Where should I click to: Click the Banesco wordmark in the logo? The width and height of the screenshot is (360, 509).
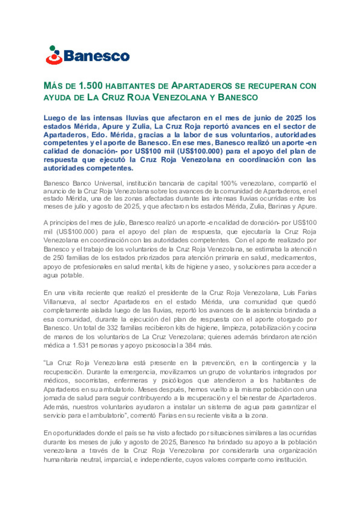pos(96,56)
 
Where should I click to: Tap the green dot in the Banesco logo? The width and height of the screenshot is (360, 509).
pos(52,48)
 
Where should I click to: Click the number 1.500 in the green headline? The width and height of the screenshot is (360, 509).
pos(90,86)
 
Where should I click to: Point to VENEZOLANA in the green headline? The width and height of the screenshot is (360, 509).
pos(180,97)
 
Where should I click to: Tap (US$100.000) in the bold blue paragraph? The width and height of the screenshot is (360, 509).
pos(200,151)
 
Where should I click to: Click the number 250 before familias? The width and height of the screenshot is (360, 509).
pos(58,257)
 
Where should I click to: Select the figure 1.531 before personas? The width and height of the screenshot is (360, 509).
pos(81,345)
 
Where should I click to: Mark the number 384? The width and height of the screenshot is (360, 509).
pos(190,345)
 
